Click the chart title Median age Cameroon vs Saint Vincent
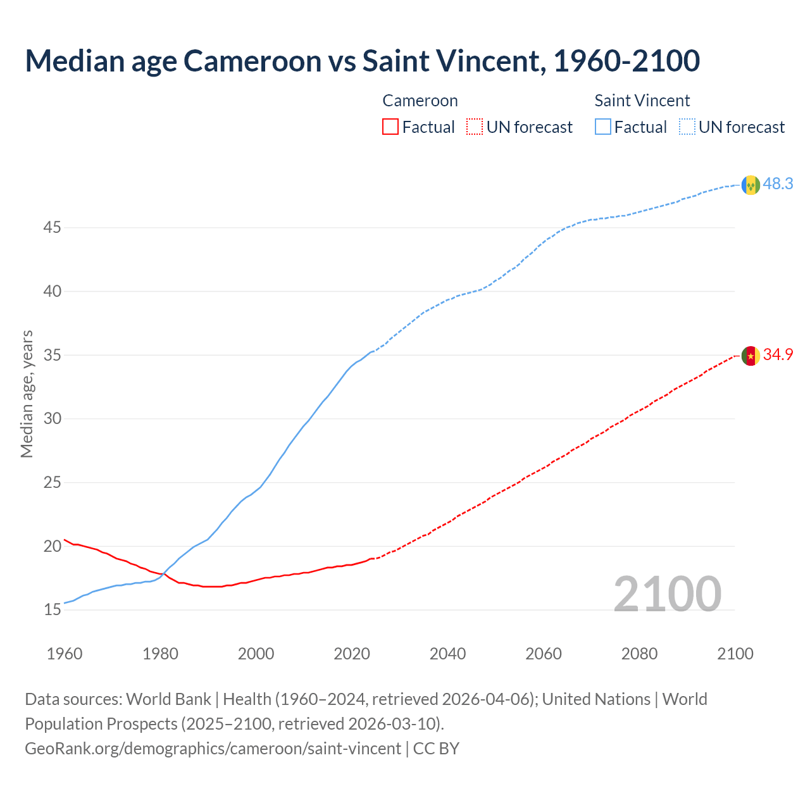click(x=362, y=61)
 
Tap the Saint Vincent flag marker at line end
click(x=751, y=185)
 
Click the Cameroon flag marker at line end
click(x=751, y=356)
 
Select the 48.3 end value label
click(x=778, y=184)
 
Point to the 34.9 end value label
click(x=778, y=355)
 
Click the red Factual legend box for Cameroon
click(x=390, y=127)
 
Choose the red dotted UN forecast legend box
click(x=475, y=127)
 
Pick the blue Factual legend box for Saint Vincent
click(x=603, y=127)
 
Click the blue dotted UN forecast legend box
click(x=687, y=127)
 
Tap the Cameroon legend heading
click(x=420, y=101)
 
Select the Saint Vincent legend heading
click(x=642, y=101)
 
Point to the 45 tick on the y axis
click(x=52, y=227)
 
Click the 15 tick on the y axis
click(x=52, y=610)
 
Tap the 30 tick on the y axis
click(x=52, y=419)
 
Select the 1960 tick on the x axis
click(x=65, y=654)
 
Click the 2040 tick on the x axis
click(x=447, y=654)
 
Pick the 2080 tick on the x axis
click(x=639, y=654)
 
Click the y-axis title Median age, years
click(x=27, y=394)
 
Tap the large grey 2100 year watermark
click(x=667, y=594)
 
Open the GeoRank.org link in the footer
click(x=213, y=749)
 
